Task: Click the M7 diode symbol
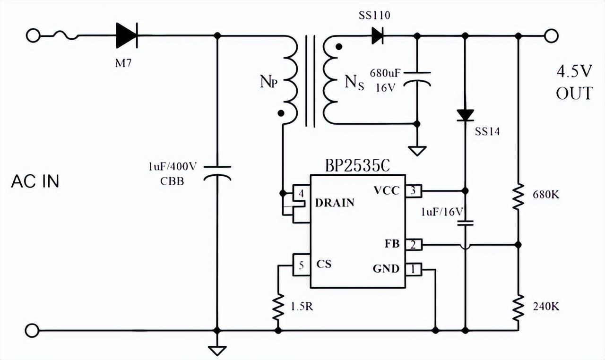126,35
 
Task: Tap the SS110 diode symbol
377,35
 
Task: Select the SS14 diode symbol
465,115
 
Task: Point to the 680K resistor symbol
519,197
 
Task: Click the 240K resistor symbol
519,307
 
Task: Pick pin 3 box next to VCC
413,191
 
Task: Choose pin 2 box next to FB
413,244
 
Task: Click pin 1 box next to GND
413,269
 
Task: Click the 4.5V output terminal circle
551,35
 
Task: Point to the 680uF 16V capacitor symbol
417,77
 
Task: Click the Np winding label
268,82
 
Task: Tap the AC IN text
35,181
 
